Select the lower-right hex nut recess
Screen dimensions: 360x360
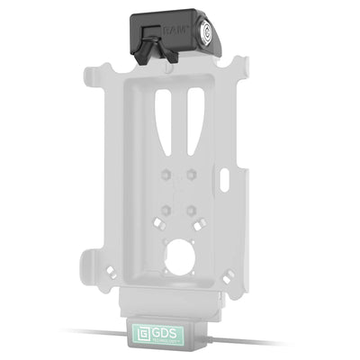pyautogui.click(x=193, y=211)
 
